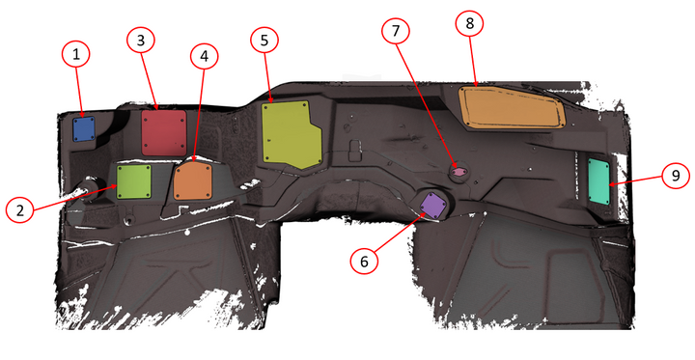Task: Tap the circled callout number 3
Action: tap(141, 41)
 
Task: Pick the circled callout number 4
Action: tap(203, 57)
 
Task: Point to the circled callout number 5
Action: tap(264, 40)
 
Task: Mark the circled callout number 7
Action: tap(395, 30)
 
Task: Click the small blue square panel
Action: tap(83, 127)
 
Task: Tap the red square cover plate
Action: tap(163, 131)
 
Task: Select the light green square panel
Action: tap(133, 180)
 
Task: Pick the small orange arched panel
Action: tap(193, 180)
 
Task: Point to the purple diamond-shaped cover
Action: tap(432, 205)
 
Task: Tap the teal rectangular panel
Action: tap(599, 180)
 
